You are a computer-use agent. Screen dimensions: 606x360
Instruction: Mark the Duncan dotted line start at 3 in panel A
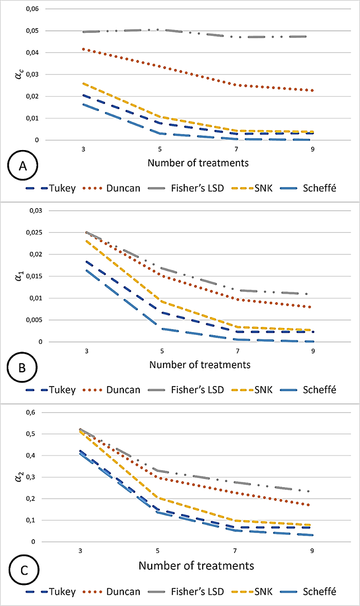click(x=83, y=49)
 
